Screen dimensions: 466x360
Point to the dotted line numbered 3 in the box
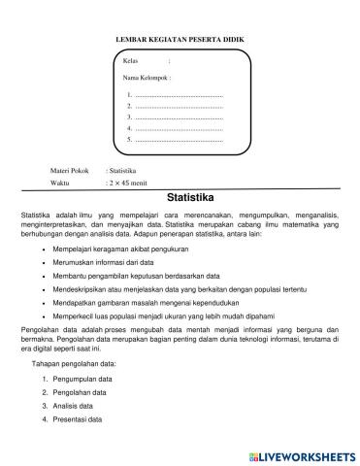(x=179, y=117)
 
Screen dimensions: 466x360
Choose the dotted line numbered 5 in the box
(x=179, y=140)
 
